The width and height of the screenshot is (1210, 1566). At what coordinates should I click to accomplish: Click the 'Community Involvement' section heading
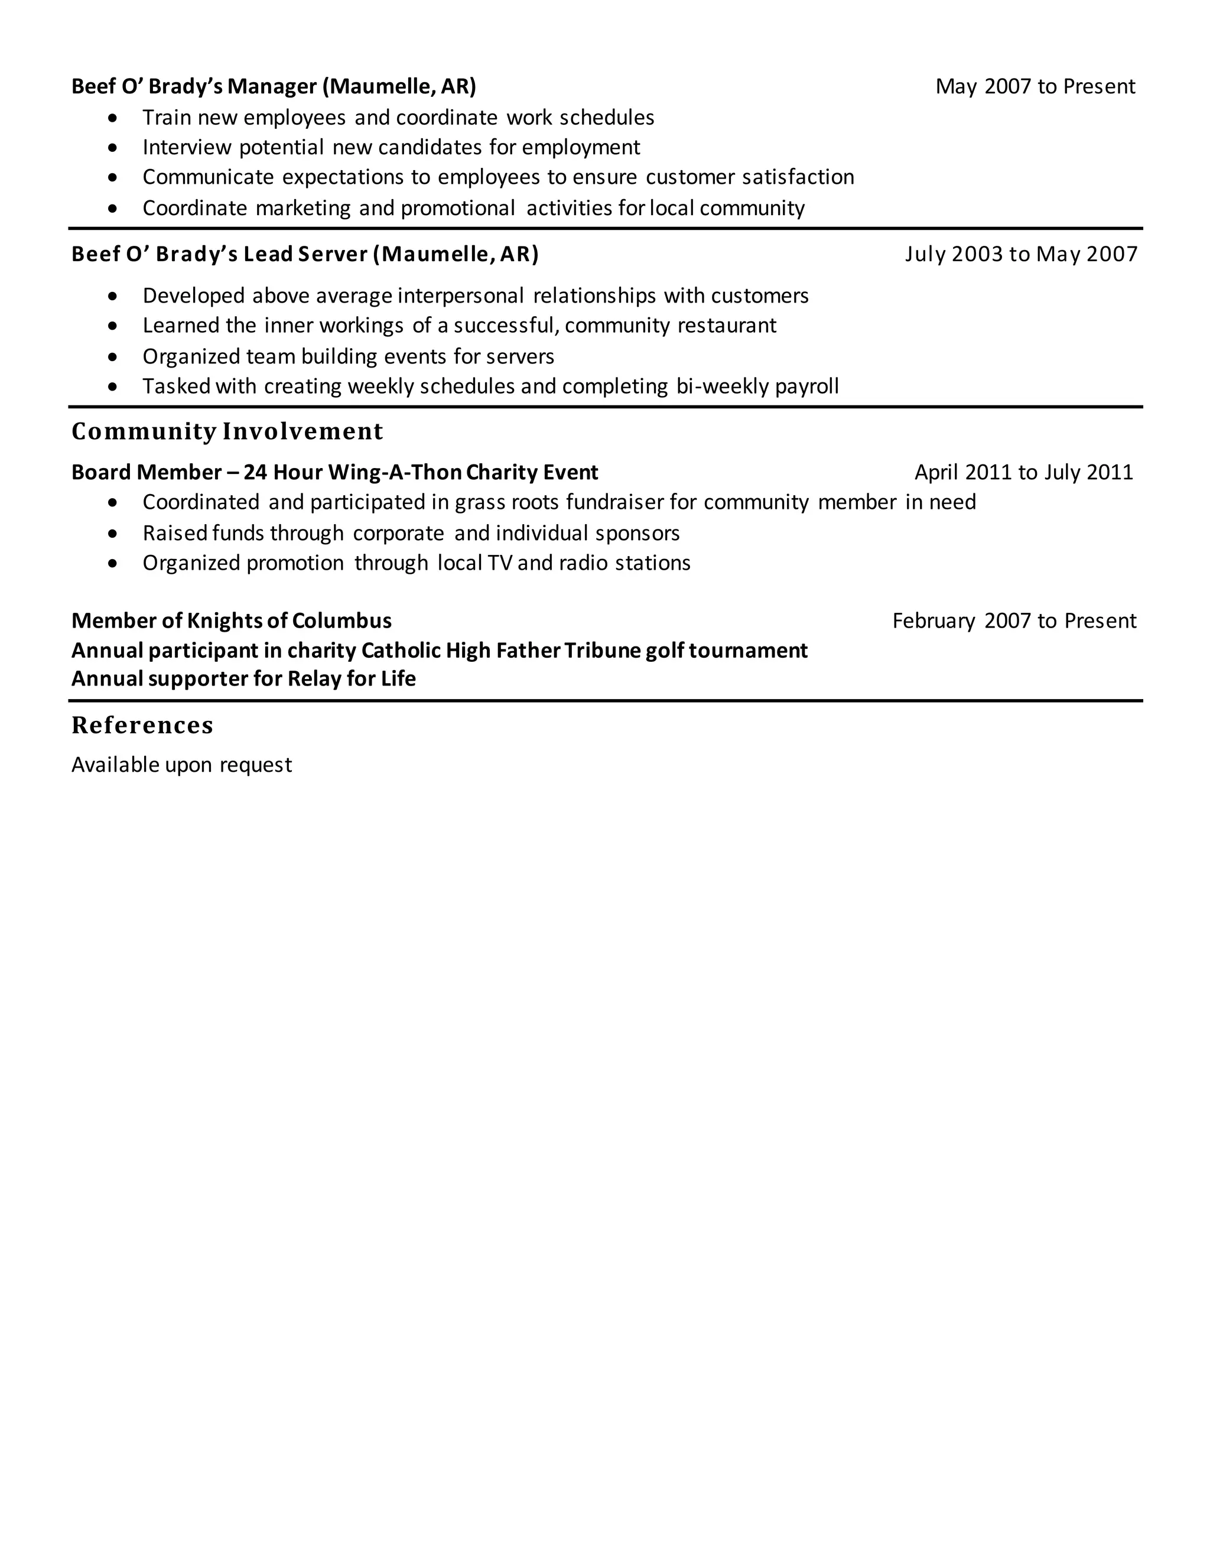[x=227, y=431]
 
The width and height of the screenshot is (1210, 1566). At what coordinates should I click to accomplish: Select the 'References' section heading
[x=142, y=726]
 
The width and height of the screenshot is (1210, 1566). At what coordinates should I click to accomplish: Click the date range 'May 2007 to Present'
[x=1035, y=87]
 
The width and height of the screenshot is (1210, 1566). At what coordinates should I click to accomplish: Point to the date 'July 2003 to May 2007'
[x=1021, y=255]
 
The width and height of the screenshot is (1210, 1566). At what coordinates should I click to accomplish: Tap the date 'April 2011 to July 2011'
[x=1024, y=473]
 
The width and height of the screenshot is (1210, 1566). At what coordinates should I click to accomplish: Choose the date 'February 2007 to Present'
[x=1014, y=621]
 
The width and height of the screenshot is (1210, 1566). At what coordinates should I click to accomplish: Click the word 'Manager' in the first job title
[x=272, y=87]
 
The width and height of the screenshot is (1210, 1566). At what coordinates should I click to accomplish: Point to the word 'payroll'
[x=806, y=386]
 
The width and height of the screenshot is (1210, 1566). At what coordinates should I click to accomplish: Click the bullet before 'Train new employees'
[x=112, y=118]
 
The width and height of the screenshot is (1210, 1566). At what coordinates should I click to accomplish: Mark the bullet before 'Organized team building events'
[x=112, y=357]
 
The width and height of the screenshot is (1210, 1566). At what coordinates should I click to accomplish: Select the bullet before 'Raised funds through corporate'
[x=112, y=534]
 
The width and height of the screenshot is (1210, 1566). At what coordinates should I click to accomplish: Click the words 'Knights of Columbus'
[x=289, y=621]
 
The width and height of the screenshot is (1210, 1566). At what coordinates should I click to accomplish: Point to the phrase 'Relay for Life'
[x=352, y=679]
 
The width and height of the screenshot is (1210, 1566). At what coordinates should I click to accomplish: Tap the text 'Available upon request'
[x=181, y=765]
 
